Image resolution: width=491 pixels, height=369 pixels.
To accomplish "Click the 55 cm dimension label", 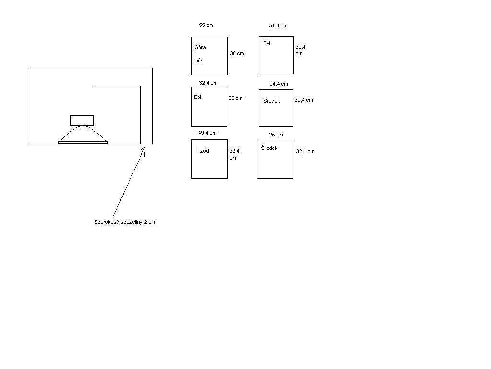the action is [x=206, y=25].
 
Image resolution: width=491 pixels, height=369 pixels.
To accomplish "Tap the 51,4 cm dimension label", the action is [x=278, y=26].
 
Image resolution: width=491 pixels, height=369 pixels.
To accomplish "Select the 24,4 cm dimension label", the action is [x=279, y=84].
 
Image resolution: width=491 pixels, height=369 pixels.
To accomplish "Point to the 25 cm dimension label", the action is [x=276, y=135].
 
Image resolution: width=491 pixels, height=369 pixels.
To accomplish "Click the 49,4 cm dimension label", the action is [x=207, y=133].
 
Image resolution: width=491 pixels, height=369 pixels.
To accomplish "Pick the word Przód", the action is [x=202, y=151].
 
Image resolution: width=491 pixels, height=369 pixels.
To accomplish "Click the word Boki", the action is [x=199, y=97].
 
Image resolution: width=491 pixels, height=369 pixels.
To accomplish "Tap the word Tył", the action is [x=267, y=44].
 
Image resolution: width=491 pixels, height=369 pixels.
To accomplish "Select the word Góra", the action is [x=200, y=48].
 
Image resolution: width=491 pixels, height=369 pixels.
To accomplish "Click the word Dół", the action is [x=198, y=61].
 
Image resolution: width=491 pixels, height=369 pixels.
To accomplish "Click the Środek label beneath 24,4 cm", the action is [x=271, y=101].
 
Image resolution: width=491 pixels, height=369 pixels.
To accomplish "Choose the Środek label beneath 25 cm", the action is [x=269, y=148].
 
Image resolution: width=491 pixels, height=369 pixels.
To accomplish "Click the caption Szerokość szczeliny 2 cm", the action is [x=125, y=222].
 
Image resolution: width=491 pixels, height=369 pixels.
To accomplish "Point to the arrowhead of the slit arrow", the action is [x=145, y=148].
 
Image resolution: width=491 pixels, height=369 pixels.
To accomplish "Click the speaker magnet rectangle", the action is [x=82, y=121].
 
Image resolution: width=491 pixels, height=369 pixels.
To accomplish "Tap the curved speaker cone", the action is [x=83, y=126].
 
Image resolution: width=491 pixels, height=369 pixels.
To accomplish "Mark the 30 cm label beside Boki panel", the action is [x=235, y=98].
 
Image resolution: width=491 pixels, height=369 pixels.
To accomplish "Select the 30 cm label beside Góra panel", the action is [x=237, y=54].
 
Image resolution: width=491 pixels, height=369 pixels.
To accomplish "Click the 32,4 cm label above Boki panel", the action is [x=208, y=83].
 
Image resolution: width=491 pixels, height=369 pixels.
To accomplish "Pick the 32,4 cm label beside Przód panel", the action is [x=234, y=154].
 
